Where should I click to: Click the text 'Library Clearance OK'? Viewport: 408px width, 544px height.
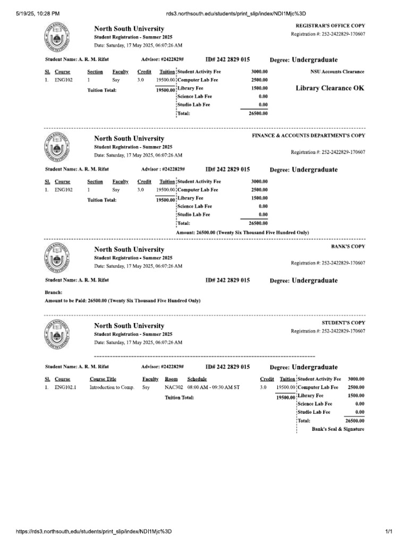330,88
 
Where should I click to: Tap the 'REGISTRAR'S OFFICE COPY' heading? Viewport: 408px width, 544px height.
330,25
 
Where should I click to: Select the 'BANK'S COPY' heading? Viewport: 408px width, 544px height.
348,246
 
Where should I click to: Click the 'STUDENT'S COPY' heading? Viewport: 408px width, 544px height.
344,322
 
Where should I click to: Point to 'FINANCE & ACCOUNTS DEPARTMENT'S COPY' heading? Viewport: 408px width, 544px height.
309,135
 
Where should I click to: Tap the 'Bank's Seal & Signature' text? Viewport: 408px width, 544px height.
338,429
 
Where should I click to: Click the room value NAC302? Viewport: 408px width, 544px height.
174,387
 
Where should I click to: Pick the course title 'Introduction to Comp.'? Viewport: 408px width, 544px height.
112,387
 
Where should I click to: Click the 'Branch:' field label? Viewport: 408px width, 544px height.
54,292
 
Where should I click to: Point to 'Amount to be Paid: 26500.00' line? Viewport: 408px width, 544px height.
122,301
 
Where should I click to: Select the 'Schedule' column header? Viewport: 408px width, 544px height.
197,379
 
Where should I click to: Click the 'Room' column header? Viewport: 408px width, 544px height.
171,379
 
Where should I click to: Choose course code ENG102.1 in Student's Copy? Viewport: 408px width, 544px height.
65,387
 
